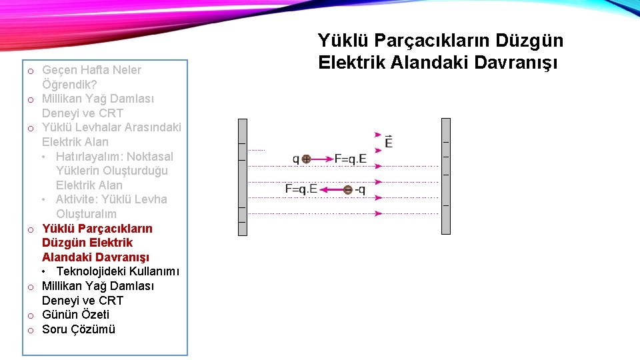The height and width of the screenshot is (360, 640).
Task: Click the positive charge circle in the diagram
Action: point(306,159)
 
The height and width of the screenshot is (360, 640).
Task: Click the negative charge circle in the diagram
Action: point(347,190)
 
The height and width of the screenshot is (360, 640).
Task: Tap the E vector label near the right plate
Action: point(389,142)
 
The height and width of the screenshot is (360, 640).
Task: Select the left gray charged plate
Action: point(243,177)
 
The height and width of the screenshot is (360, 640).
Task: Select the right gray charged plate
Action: point(446,177)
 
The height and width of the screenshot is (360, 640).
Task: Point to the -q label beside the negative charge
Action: point(360,190)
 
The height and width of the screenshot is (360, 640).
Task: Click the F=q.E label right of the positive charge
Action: point(350,159)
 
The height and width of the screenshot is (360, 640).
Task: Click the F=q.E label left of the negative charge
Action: point(301,189)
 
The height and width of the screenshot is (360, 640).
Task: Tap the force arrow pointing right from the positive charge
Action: point(323,159)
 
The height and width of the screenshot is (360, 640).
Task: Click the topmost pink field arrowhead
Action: point(379,135)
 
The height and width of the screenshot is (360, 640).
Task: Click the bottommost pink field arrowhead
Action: point(379,213)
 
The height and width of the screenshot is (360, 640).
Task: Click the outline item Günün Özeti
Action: point(75,315)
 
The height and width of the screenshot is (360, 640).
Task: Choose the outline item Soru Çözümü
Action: point(79,329)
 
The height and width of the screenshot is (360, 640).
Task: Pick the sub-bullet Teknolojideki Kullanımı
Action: point(117,271)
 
